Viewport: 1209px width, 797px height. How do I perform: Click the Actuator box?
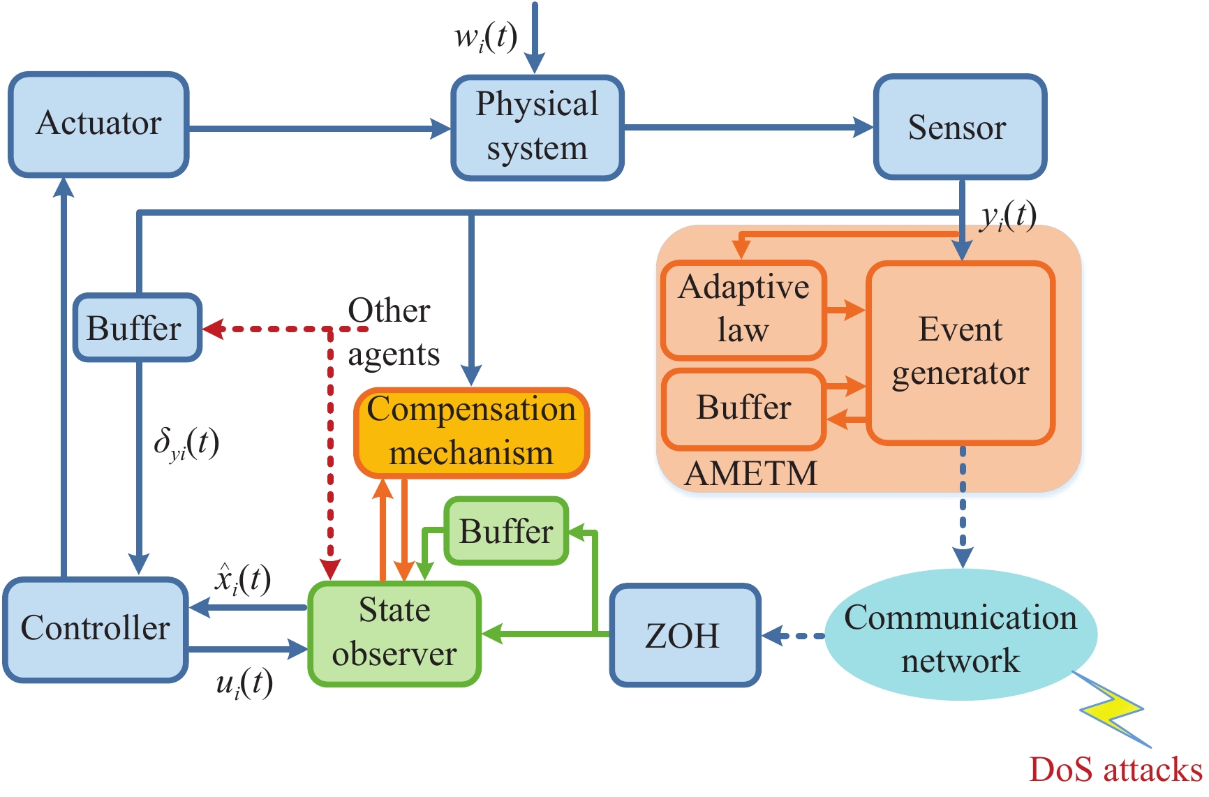[x=98, y=124]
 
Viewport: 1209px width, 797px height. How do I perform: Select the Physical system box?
[x=537, y=128]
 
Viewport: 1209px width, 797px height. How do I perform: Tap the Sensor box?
[x=960, y=127]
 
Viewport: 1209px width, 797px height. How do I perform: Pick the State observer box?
[x=394, y=634]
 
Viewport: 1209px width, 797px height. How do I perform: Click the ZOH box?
[x=685, y=635]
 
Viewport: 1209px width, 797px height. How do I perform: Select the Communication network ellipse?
[x=961, y=635]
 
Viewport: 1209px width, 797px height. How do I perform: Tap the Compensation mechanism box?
[x=472, y=433]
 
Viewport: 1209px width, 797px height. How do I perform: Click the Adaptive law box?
[x=744, y=310]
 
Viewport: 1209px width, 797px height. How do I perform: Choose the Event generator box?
[x=960, y=352]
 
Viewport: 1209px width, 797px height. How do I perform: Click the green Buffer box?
[x=507, y=531]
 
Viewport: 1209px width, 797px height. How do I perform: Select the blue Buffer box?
[x=138, y=328]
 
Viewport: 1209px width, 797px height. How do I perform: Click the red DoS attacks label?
[x=1115, y=769]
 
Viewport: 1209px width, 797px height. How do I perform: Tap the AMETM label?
[x=751, y=473]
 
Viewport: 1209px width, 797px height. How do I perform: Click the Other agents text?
[x=393, y=332]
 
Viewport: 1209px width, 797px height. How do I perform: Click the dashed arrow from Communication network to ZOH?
[x=793, y=636]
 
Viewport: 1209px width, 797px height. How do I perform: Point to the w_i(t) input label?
[x=486, y=36]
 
